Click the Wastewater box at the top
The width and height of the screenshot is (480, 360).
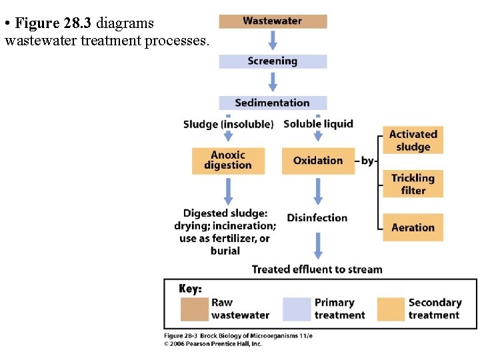[x=273, y=21]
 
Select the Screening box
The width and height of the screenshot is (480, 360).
[x=273, y=61]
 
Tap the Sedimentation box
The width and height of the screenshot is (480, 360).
[x=273, y=103]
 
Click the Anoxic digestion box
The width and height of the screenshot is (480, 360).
[x=228, y=161]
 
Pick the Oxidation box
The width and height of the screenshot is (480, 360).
[x=317, y=161]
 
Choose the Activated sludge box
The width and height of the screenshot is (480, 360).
[x=413, y=141]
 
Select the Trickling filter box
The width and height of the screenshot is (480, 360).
[x=413, y=184]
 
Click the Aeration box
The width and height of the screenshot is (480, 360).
[x=413, y=227]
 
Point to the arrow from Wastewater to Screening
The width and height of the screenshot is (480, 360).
[x=273, y=41]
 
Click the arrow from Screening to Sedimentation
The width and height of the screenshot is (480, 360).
[x=273, y=82]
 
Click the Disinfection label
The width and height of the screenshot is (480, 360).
[x=317, y=218]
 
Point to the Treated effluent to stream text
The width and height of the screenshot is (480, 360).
[x=317, y=269]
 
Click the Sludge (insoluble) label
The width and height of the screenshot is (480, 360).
[x=228, y=124]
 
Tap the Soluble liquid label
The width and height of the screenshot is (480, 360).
[x=318, y=123]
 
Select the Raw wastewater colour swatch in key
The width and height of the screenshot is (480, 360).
[x=193, y=309]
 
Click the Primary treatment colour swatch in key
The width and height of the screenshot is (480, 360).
[x=297, y=309]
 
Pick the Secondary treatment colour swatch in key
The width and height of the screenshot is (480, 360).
[x=391, y=309]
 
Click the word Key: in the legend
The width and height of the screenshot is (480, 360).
[x=191, y=289]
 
